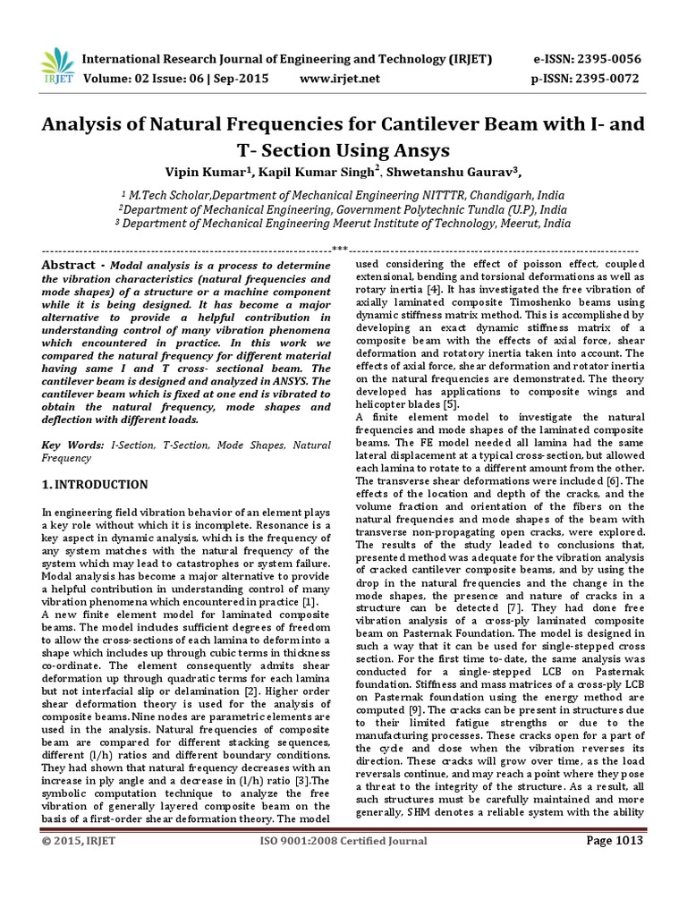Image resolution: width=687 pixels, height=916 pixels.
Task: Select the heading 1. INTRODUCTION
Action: tap(96, 485)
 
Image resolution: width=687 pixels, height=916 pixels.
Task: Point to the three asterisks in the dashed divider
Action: tap(339, 249)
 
